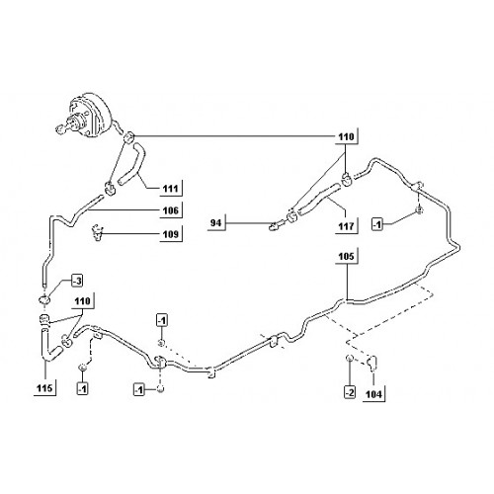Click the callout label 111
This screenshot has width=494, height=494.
[171, 189]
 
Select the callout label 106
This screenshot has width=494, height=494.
[171, 210]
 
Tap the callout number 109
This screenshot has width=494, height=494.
[171, 234]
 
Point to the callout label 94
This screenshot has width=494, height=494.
[215, 223]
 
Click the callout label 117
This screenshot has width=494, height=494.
[346, 226]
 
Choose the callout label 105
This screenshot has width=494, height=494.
[346, 256]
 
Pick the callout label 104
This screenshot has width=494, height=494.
[373, 394]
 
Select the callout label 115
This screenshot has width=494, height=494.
[44, 388]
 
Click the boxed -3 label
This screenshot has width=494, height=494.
[77, 282]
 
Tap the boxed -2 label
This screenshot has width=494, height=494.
[350, 392]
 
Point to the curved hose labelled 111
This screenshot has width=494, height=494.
[132, 164]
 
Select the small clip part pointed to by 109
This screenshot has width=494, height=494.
[98, 233]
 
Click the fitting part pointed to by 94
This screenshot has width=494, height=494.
[275, 225]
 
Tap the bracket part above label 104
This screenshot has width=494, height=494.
[372, 363]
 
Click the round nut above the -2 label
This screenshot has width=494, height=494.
[350, 358]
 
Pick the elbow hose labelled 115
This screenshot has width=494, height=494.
[49, 346]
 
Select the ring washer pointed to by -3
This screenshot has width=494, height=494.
[43, 299]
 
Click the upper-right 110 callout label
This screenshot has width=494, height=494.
[346, 136]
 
